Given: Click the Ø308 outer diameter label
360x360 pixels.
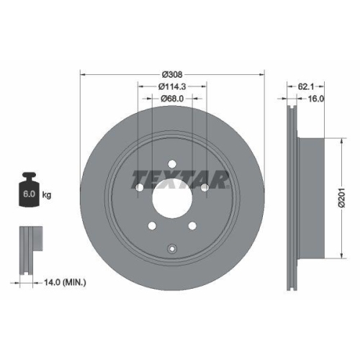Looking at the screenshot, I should (172, 74).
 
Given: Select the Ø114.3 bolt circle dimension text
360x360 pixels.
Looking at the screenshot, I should (172, 86).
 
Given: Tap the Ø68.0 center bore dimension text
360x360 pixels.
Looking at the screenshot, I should (172, 99).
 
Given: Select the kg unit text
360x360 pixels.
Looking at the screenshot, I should (47, 195).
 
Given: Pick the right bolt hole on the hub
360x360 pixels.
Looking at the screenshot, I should (205, 187).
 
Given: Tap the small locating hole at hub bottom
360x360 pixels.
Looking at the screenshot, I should (172, 249).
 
